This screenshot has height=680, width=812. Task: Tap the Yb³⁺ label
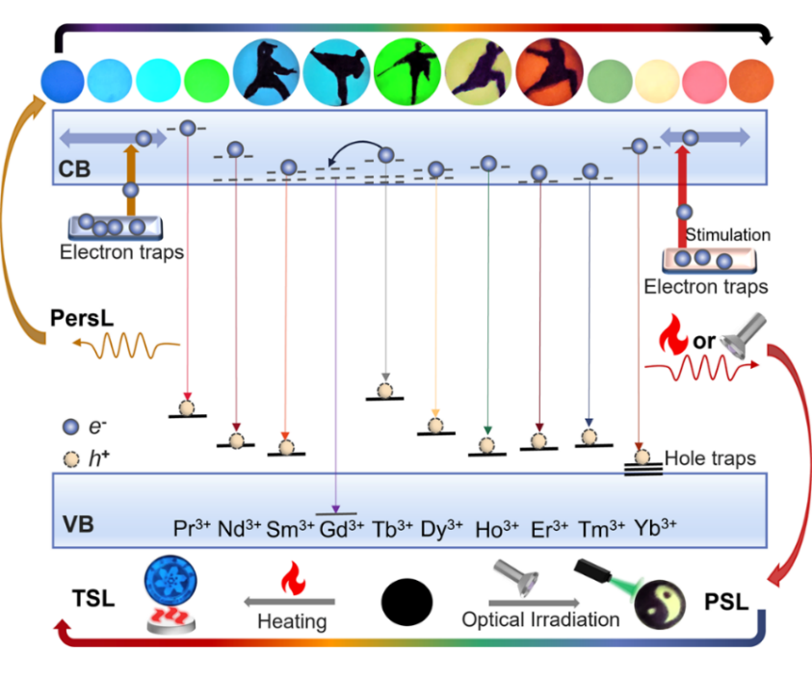click(655, 528)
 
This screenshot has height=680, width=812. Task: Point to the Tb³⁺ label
click(391, 528)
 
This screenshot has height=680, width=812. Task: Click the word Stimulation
click(727, 235)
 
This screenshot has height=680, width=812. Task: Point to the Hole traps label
click(710, 459)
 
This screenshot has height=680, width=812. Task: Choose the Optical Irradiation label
click(540, 619)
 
